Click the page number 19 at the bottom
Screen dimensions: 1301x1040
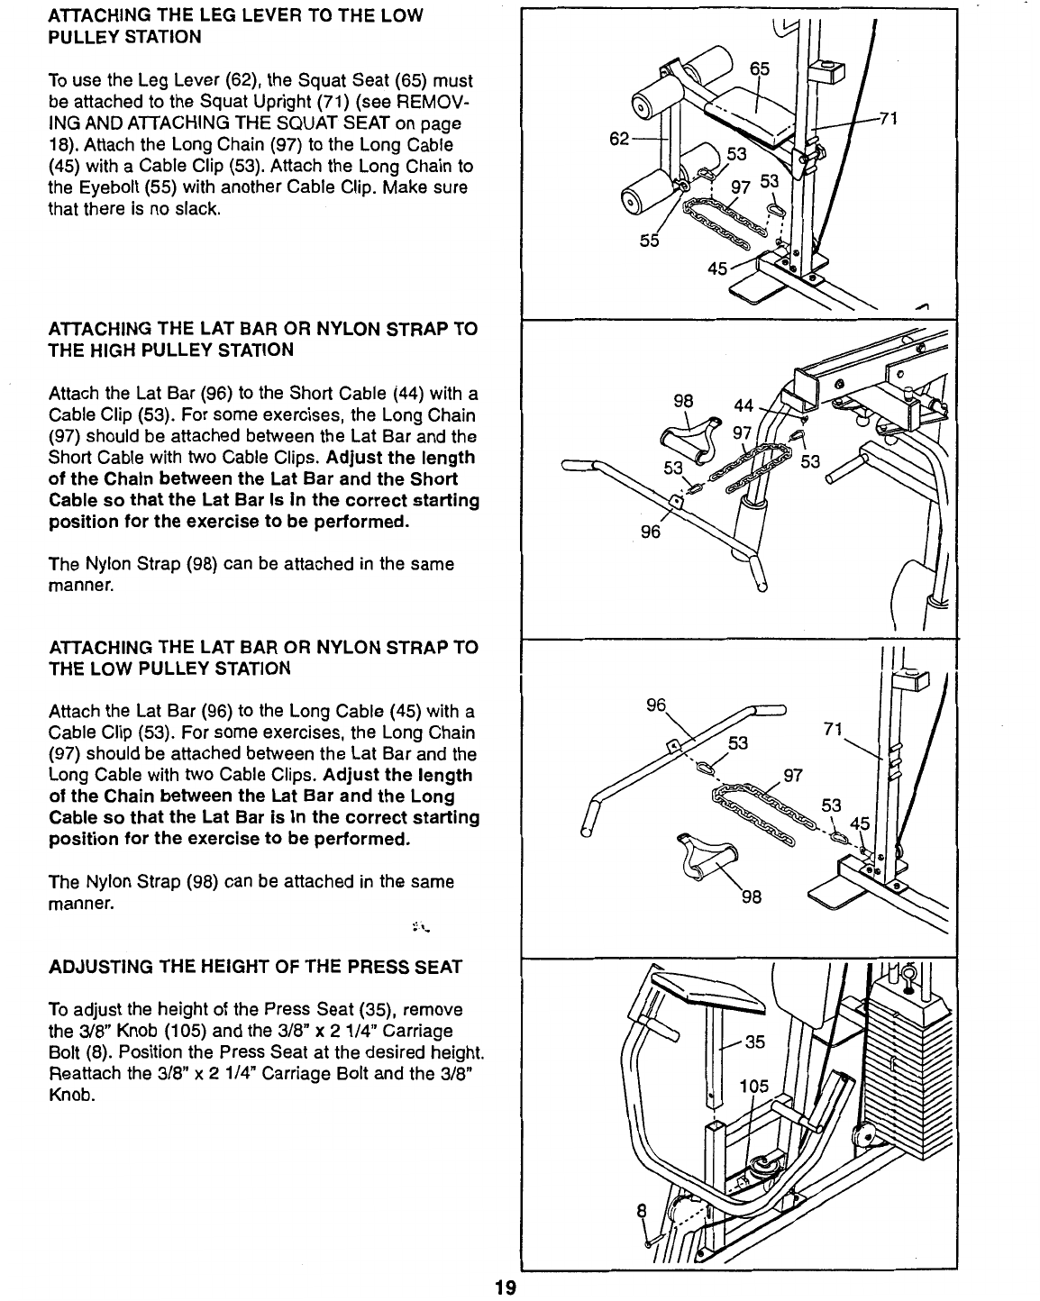(504, 1287)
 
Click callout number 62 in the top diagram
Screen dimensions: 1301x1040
(619, 140)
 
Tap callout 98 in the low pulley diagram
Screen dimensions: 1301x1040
(752, 897)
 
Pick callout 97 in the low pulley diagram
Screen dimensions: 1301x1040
(794, 776)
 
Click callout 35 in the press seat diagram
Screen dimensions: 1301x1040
(755, 1042)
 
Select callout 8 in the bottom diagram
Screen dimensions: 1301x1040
(642, 1213)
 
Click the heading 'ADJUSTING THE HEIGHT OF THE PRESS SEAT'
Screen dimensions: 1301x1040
(255, 968)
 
